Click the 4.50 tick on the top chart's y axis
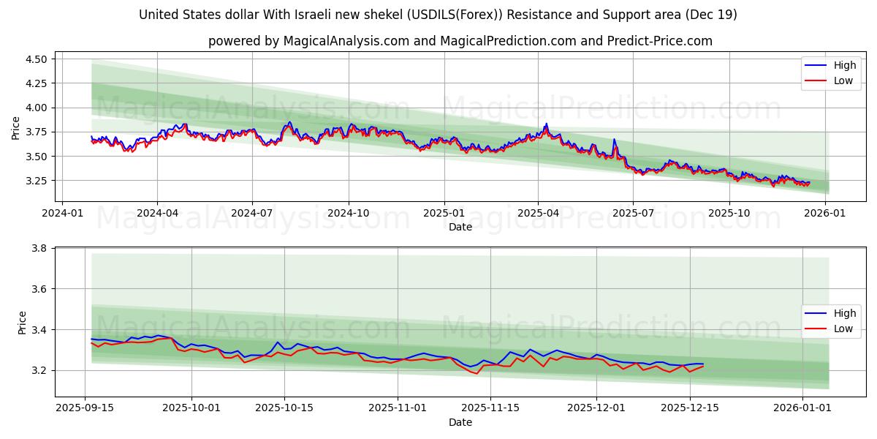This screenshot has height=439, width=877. [36, 59]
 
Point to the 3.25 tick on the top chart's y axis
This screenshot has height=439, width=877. [36, 181]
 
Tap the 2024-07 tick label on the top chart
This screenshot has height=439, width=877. [252, 214]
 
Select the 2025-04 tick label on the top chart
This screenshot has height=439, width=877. [538, 214]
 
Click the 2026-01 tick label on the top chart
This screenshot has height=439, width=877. [825, 214]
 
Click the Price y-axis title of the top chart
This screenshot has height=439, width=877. [16, 128]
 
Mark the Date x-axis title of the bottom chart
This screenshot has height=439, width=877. [460, 422]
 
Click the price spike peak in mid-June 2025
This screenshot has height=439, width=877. [614, 139]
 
